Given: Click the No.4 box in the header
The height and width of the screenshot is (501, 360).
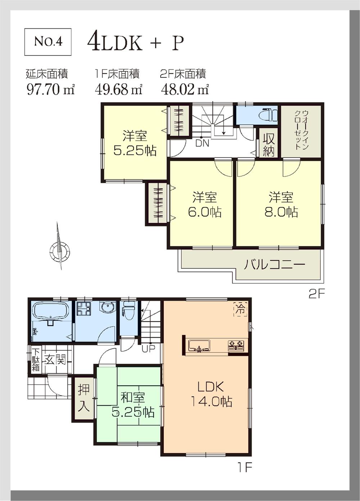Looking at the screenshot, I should tap(48, 42).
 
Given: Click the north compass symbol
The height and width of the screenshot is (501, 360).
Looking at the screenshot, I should tap(59, 248).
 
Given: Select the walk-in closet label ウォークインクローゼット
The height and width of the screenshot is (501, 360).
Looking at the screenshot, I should tap(301, 130).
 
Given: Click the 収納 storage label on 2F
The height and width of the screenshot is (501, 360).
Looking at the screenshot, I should tap(269, 144).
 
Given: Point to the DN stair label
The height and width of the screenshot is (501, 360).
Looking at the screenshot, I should tap(202, 143).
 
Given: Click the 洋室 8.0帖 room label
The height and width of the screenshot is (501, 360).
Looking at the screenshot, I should tap(281, 205).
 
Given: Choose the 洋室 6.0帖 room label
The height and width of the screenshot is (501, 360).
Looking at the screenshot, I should tap(204, 205).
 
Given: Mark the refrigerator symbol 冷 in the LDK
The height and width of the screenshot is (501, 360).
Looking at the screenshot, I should tap(240, 309).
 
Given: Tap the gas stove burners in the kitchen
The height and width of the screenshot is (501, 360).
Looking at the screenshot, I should tap(236, 346).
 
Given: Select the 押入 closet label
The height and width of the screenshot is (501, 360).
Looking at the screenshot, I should tap(84, 398).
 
